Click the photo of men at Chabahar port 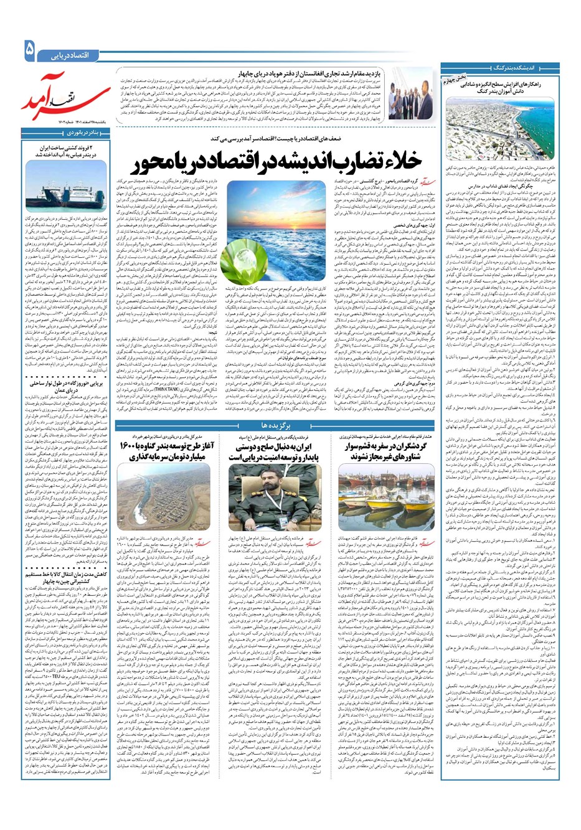tap(411, 95)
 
